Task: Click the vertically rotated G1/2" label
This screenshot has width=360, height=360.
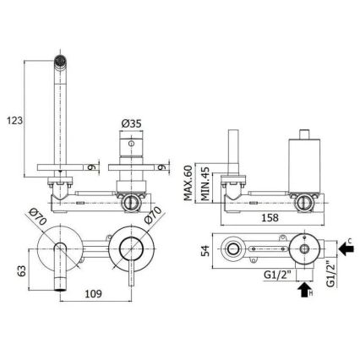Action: [330, 275]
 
